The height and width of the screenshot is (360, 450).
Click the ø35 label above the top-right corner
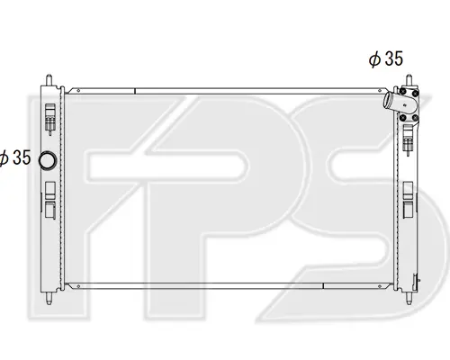[x=386, y=58]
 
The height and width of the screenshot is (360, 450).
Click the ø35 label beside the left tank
[x=15, y=157]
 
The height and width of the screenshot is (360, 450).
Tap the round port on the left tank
[x=48, y=160]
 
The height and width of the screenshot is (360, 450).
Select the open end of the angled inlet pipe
[x=387, y=100]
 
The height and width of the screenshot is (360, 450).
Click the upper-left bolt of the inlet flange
[x=403, y=91]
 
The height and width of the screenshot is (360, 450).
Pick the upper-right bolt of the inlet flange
[x=416, y=94]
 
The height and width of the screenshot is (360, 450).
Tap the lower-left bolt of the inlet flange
[x=403, y=117]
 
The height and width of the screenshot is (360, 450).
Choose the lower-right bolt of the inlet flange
[x=415, y=118]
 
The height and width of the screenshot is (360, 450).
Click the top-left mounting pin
[x=49, y=80]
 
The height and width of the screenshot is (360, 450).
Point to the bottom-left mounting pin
[x=49, y=298]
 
